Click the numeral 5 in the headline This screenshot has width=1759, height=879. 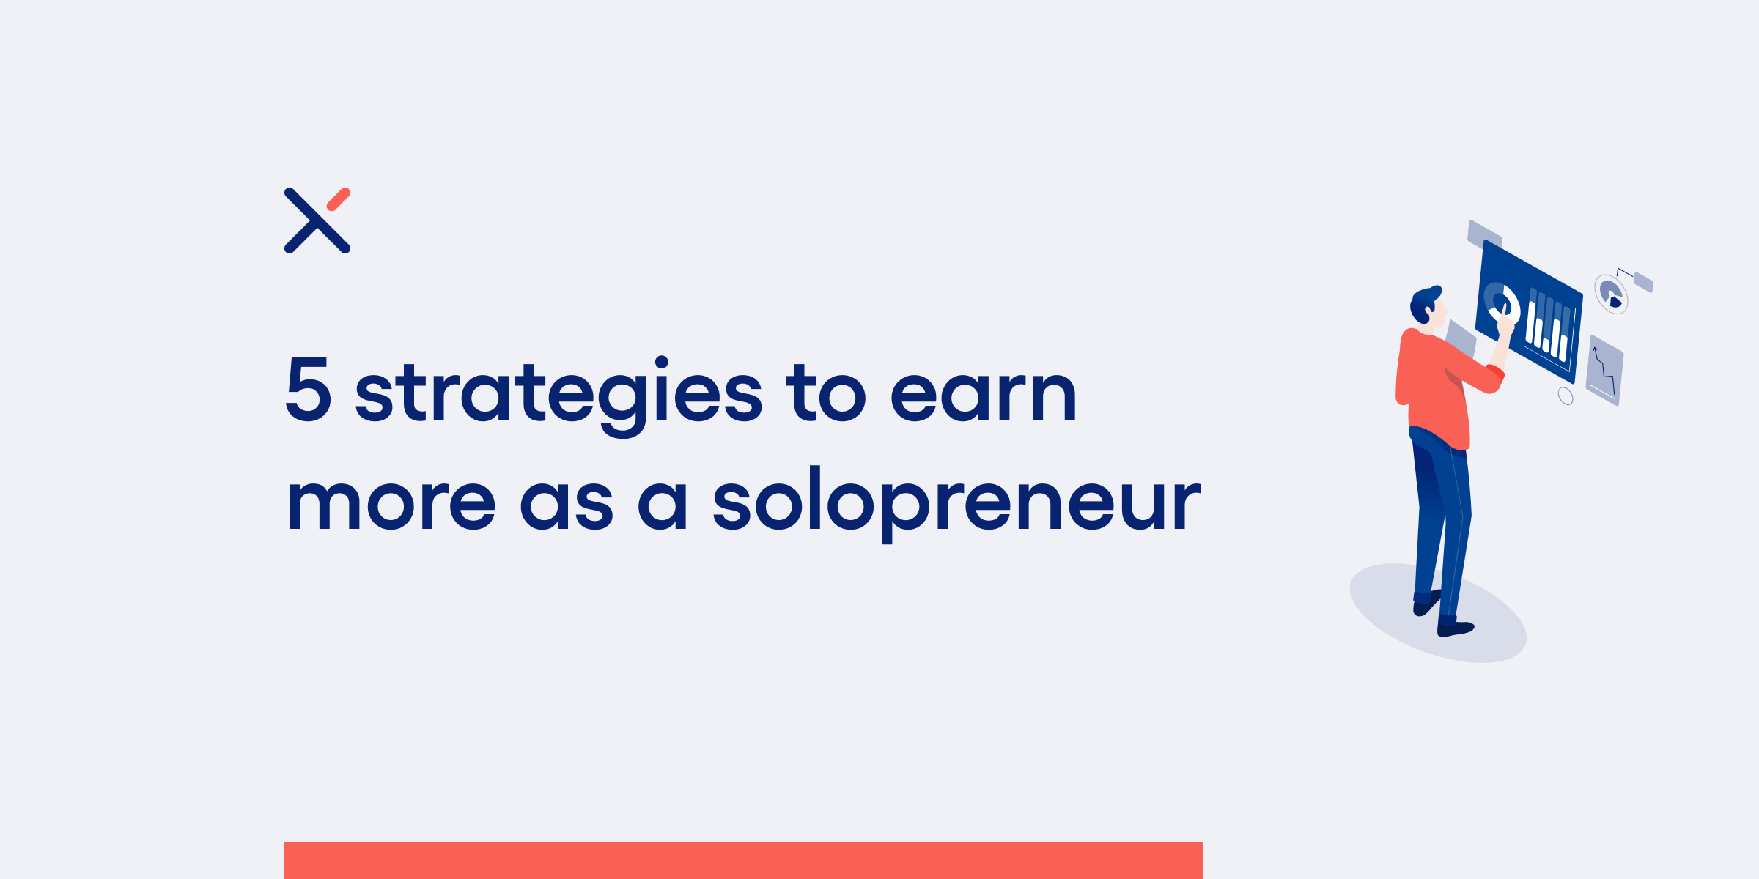309,389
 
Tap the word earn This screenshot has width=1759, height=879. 983,396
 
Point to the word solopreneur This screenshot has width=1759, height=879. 956,504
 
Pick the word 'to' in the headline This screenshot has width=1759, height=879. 826,393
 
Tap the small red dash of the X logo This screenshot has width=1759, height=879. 339,199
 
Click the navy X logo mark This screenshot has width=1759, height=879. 317,220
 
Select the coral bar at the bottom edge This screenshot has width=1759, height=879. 744,861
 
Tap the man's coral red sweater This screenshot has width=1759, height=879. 1440,388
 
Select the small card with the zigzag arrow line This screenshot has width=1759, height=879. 1605,371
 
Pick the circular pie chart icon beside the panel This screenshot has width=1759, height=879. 1612,294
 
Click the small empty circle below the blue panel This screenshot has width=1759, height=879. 1566,396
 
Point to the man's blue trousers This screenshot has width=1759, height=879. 1440,520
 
